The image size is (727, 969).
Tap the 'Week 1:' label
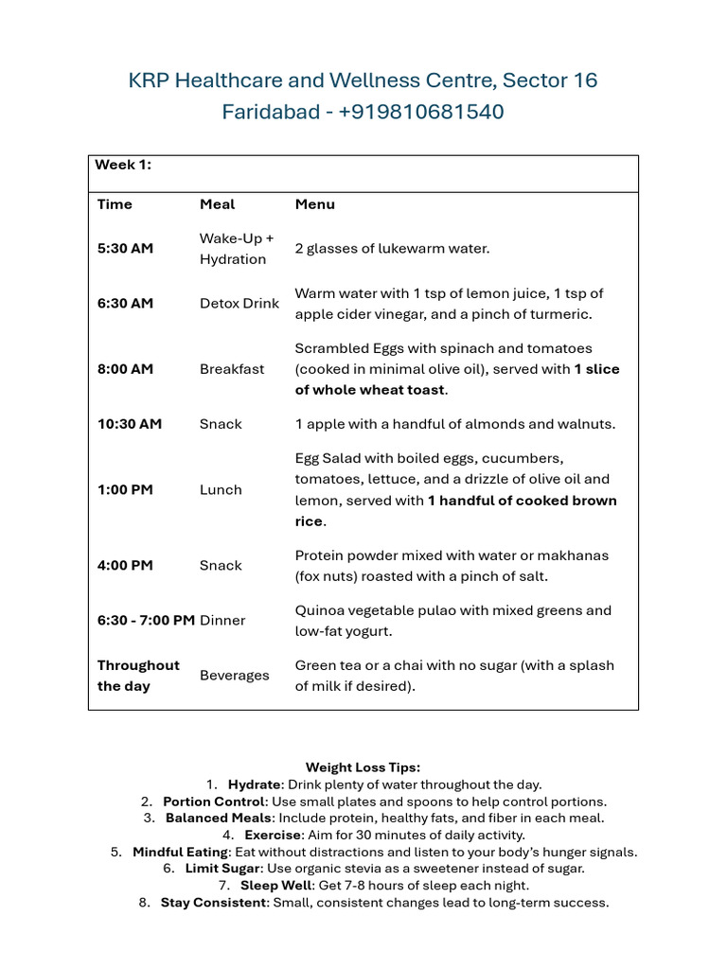coord(123,165)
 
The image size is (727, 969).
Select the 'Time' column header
coord(115,204)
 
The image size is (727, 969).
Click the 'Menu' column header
coord(314,204)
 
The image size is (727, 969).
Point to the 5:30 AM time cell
coord(124,248)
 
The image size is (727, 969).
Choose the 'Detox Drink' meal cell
coord(239,304)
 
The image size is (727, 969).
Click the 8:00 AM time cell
coord(125,369)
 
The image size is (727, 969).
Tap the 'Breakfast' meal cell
coord(232,369)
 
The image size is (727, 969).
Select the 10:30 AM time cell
coord(129,424)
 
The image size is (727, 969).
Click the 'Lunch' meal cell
coord(221,490)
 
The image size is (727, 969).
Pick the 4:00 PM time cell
coord(125,566)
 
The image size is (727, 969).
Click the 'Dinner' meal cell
coord(222,621)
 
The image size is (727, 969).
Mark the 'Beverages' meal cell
coord(234,676)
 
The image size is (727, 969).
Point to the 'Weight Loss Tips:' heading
coord(363,767)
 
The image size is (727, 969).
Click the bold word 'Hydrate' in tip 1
coord(254,784)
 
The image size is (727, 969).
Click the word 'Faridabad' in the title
coord(266,112)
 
